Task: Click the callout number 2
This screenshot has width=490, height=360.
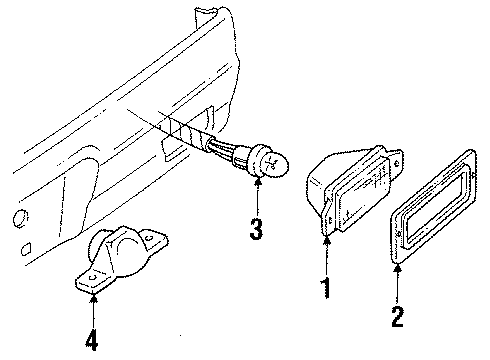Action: (x=397, y=318)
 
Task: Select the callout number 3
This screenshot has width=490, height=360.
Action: (x=257, y=231)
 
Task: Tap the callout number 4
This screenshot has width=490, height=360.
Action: (x=92, y=340)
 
